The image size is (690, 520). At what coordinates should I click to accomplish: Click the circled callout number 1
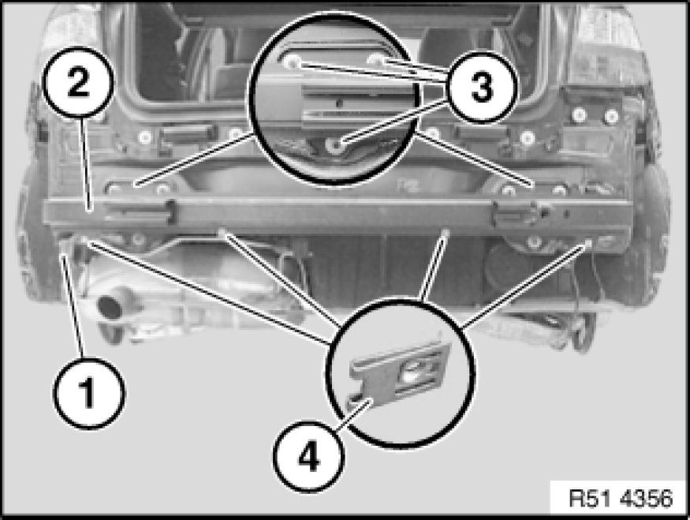89,393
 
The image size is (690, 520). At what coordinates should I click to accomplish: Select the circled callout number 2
78,82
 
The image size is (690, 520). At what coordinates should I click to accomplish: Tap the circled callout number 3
482,87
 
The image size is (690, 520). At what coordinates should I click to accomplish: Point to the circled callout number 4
308,457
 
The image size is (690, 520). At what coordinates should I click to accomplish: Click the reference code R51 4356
621,499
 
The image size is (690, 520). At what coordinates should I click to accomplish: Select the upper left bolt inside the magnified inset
291,62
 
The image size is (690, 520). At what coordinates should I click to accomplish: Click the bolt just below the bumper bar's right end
533,241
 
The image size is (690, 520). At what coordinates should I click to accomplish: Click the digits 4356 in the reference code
647,499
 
